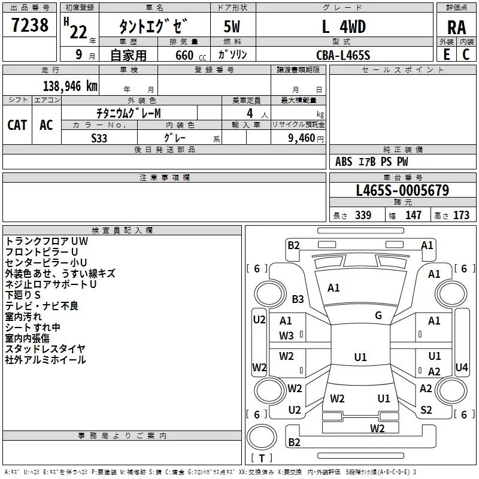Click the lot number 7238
tap(29, 25)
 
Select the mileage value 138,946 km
tap(70, 86)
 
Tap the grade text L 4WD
tap(344, 26)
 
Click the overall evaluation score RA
tap(456, 28)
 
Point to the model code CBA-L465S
tap(343, 55)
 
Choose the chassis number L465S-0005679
tap(402, 190)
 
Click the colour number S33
tap(99, 138)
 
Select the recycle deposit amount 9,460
tap(301, 138)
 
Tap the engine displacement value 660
tap(184, 55)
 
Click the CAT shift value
tap(17, 125)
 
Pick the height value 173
tap(461, 215)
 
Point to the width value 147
tap(413, 215)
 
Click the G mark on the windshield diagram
tap(378, 316)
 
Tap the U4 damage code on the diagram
tap(461, 367)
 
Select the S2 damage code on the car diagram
tap(426, 410)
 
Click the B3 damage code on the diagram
tap(298, 299)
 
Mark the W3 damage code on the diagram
tap(286, 336)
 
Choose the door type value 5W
tap(232, 26)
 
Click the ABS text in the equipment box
tap(344, 162)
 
